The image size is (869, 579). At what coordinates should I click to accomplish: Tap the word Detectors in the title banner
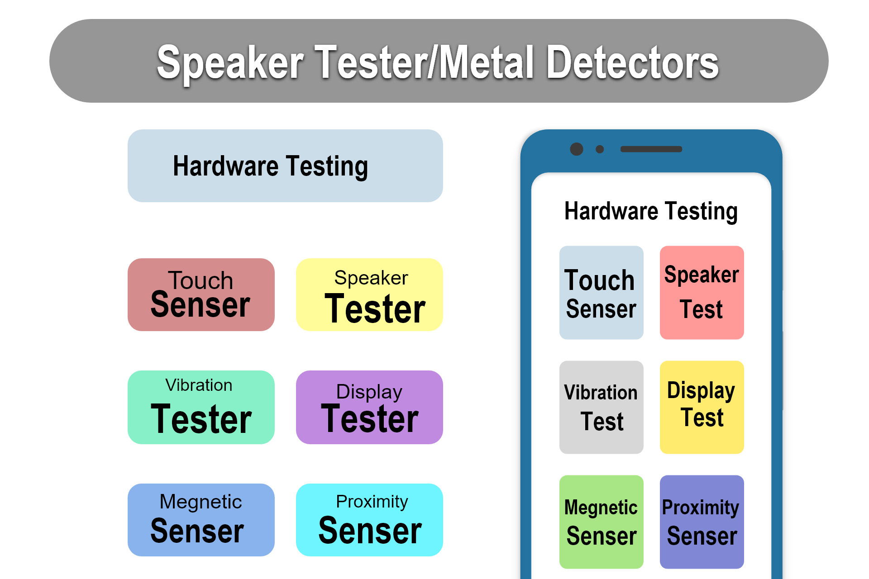coord(633,62)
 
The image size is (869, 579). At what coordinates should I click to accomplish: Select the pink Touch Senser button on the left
coord(201,294)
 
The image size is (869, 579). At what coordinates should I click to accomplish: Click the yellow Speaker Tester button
coord(369,294)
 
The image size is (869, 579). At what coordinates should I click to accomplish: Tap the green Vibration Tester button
coord(201,407)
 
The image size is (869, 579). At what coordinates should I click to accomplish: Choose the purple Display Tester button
coord(369,407)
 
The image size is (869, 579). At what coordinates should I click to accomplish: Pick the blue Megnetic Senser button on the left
coord(201,520)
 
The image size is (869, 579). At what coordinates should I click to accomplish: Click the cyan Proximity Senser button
coord(369,520)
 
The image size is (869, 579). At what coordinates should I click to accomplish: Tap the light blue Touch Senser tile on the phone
coord(602,293)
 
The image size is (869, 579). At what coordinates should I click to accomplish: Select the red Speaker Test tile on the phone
coord(702,293)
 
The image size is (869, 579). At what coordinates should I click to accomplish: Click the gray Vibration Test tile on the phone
coord(602,407)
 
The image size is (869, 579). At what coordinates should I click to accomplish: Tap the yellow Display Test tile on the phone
coord(702,407)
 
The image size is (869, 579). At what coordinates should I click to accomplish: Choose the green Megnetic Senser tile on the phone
coord(602,522)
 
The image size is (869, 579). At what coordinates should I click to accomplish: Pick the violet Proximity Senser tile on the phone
coord(702,522)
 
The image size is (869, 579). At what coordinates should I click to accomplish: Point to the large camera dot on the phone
coord(577,149)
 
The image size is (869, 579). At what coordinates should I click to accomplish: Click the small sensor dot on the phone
coord(600,149)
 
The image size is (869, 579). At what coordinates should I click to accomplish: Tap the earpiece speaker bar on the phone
coord(651,149)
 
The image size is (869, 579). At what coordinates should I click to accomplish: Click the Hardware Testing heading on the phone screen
coord(651,212)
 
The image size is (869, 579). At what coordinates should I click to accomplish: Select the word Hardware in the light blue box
coord(226,166)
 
